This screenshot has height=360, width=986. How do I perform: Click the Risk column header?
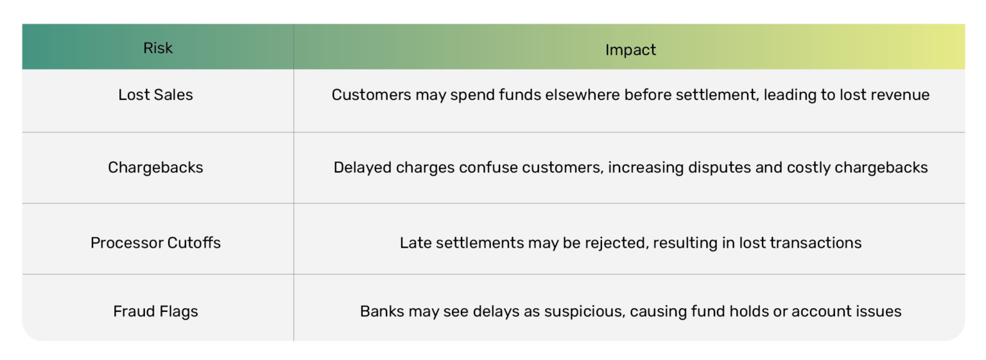[158, 48]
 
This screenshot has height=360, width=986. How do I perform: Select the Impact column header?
[630, 50]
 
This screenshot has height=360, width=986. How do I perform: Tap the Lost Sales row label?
[155, 95]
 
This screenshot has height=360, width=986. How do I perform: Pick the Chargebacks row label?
[155, 167]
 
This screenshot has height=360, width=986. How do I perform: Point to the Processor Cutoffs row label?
[155, 243]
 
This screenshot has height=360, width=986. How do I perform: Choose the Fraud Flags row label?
[155, 311]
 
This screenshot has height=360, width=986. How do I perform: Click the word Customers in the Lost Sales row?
[371, 95]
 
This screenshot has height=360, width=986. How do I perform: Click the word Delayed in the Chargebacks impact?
[362, 167]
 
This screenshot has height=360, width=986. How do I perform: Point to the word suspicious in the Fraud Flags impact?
[584, 311]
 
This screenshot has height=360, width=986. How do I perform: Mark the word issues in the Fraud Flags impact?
[879, 311]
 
